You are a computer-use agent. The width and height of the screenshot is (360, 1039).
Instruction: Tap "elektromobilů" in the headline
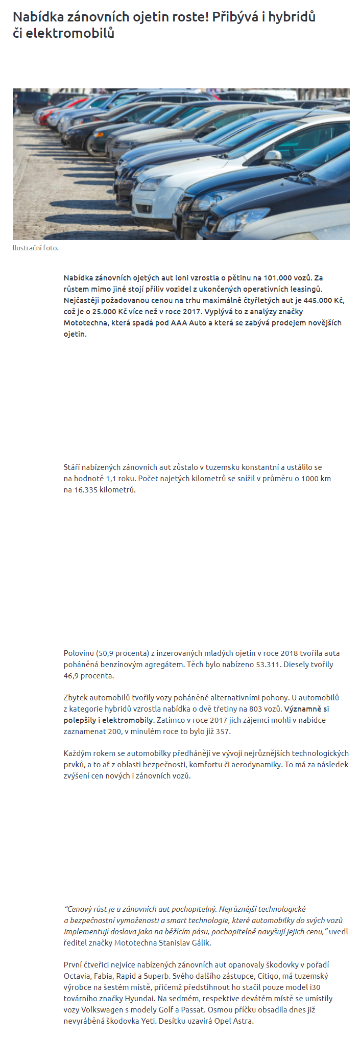69,34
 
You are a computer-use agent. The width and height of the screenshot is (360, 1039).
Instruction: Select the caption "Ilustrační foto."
36,248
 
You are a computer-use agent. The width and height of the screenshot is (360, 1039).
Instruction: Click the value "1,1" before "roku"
111,479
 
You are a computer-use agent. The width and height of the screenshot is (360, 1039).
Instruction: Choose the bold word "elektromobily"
127,720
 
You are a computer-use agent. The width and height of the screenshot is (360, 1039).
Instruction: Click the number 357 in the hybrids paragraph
222,731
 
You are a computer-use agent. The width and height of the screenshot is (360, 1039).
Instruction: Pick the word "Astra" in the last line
242,1021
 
